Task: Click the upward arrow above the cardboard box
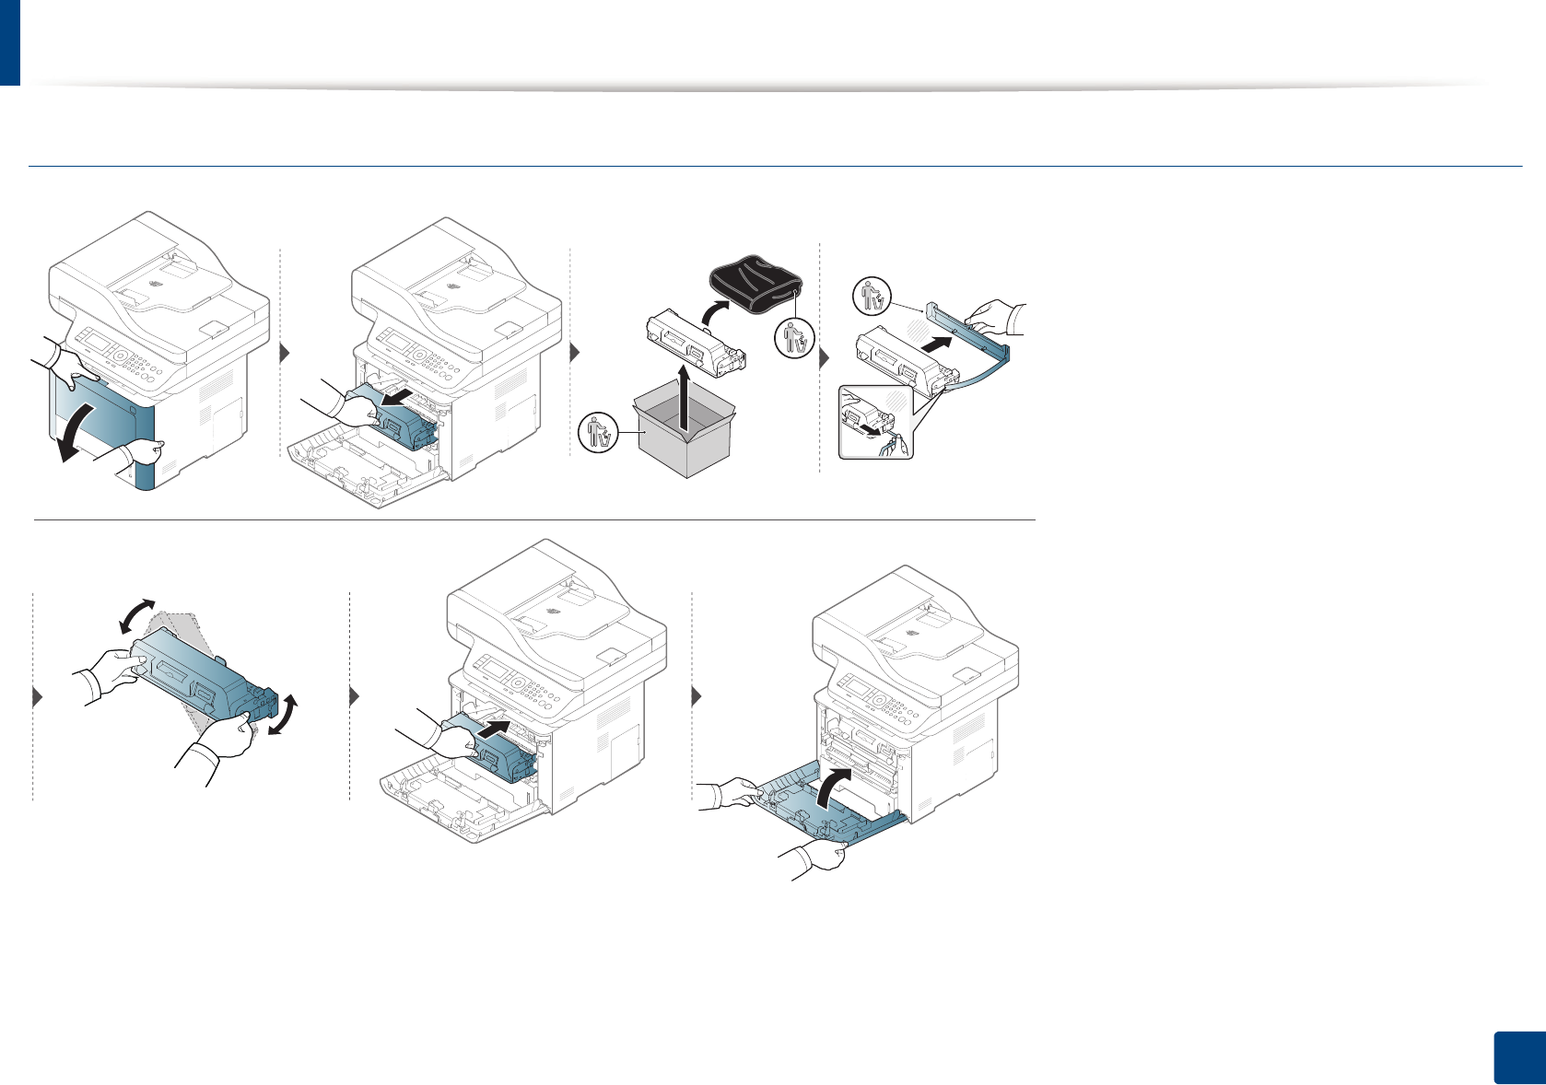coord(683,396)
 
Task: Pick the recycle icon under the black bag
coord(793,339)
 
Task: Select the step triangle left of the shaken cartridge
coord(38,697)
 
